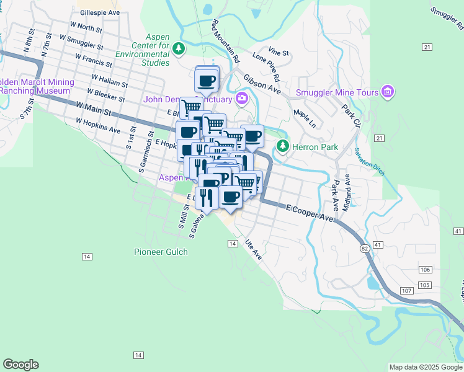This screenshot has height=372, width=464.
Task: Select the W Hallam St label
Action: coord(109,81)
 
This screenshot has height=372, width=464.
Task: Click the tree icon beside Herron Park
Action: coord(283,146)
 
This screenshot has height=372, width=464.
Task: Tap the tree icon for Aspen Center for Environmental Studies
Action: coord(179,48)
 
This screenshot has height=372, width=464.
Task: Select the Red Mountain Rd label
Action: coord(226,41)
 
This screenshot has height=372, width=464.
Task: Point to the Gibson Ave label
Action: coord(262,85)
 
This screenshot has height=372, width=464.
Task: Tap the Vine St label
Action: coord(279,52)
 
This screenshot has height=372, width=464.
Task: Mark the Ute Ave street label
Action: coord(252,249)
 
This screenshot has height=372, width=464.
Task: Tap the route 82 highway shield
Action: coord(364,247)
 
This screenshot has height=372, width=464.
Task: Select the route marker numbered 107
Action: coord(406,291)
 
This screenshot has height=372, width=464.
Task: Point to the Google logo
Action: coord(20,365)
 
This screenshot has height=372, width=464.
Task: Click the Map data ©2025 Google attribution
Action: coord(426,367)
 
